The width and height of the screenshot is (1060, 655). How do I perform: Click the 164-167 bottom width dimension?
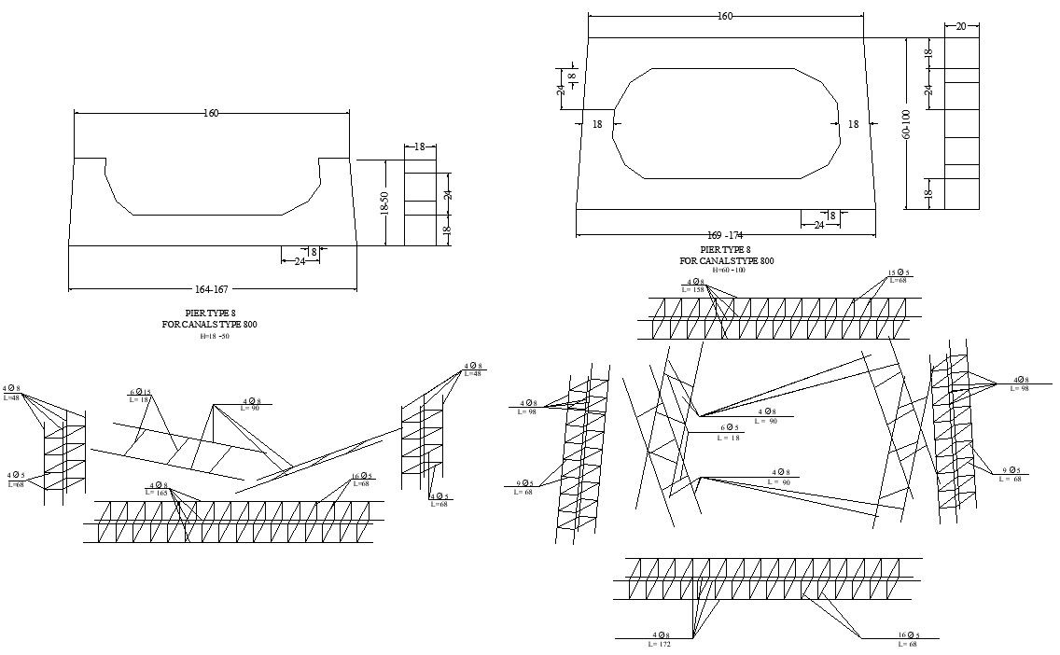[x=211, y=289]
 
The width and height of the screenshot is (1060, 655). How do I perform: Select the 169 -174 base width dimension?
[x=724, y=235]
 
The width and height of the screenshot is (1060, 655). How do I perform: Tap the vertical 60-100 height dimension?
[x=905, y=123]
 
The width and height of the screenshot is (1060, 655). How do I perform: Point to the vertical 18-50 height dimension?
[x=384, y=203]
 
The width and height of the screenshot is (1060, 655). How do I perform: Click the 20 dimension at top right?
[x=961, y=26]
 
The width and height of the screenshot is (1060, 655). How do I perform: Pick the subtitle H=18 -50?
[x=214, y=336]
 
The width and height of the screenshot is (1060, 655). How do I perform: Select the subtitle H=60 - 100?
[x=729, y=271]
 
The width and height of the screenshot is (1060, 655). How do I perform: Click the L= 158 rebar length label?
[x=693, y=290]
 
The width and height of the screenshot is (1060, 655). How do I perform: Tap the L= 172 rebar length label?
[x=660, y=644]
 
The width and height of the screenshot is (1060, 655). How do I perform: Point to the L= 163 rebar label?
[x=156, y=493]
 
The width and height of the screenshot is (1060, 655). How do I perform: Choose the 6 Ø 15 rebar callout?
[x=140, y=392]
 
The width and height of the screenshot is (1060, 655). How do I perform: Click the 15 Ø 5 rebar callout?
[x=899, y=273]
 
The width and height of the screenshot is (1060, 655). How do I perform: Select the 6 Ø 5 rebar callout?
[x=730, y=428]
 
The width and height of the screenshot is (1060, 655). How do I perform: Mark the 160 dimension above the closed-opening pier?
[x=725, y=16]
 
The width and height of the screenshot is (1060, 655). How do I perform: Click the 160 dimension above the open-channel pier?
[x=211, y=114]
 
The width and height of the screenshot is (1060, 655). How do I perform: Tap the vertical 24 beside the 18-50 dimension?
[x=447, y=195]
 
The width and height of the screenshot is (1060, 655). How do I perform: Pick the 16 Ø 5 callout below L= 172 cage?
[x=909, y=635]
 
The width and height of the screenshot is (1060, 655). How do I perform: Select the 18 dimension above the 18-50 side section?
[x=419, y=146]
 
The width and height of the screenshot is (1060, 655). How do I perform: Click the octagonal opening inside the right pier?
[x=726, y=122]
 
